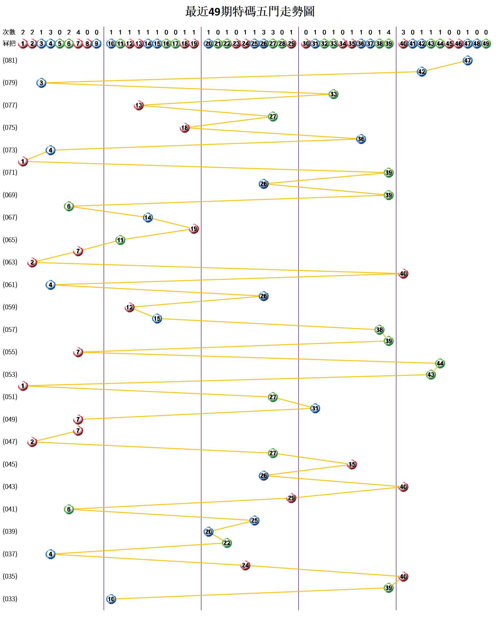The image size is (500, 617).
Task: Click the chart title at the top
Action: [250, 12]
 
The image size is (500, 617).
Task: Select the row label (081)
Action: [10, 60]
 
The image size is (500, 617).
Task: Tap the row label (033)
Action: [10, 599]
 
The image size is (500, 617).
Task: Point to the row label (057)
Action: [10, 329]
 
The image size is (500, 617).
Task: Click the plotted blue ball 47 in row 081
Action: [467, 60]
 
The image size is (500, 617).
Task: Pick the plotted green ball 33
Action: [333, 94]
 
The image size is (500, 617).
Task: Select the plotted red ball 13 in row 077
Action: [139, 106]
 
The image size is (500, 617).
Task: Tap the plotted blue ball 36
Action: [361, 139]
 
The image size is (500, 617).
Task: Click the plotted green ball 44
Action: [440, 364]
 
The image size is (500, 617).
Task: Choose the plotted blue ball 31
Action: [315, 408]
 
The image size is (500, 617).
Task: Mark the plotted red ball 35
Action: [352, 464]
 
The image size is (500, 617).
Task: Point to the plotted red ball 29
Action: [291, 498]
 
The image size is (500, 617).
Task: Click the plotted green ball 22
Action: [227, 543]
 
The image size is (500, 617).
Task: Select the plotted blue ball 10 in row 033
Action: [111, 599]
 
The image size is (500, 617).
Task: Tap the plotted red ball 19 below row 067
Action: [194, 229]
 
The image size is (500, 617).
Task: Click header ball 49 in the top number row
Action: [486, 44]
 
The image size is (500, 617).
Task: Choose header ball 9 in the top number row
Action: [97, 44]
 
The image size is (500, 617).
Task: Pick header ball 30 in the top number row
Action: [306, 44]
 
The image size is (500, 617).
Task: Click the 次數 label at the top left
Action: [9, 32]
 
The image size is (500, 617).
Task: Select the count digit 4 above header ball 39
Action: [389, 32]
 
